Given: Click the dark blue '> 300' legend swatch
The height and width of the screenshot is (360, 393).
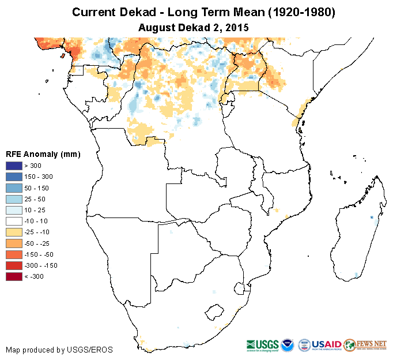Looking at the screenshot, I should [13, 166].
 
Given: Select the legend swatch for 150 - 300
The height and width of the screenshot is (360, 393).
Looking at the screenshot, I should [13, 177].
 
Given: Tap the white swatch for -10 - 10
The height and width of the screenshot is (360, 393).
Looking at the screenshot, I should [13, 221].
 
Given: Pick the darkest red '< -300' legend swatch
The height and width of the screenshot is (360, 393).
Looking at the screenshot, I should [13, 276].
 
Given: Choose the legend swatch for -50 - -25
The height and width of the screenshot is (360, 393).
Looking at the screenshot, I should [13, 243].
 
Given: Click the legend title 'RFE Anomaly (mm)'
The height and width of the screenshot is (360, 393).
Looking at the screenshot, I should [43, 154].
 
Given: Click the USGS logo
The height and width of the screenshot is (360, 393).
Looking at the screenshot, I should [263, 344].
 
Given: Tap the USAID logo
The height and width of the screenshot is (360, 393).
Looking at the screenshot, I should [327, 344].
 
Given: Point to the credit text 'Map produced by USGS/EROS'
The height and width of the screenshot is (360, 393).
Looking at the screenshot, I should [59, 350].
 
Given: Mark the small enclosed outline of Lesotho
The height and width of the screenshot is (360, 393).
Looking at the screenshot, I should [214, 312].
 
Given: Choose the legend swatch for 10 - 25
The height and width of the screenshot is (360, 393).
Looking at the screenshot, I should [13, 210].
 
